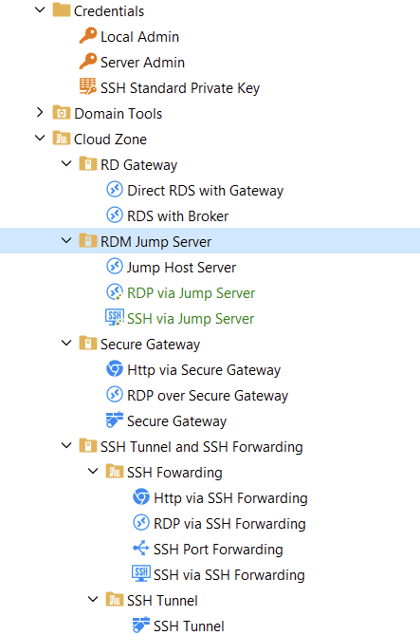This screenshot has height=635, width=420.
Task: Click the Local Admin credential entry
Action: (x=139, y=37)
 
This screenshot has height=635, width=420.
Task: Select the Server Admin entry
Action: (x=142, y=63)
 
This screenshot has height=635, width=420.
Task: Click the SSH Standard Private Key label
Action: (x=180, y=88)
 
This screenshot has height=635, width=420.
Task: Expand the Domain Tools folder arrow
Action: (x=40, y=112)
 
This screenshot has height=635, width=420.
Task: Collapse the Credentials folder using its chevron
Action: (x=40, y=9)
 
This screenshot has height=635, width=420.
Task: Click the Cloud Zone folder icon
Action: (x=62, y=138)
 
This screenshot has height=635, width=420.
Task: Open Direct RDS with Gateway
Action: (x=205, y=191)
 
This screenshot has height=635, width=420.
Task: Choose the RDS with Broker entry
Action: (x=177, y=216)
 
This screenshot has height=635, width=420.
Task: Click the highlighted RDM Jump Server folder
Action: (x=155, y=242)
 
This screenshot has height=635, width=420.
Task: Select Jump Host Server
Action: (x=181, y=268)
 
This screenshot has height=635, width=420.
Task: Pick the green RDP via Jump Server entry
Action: (x=191, y=293)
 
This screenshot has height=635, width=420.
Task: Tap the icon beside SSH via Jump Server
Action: (x=115, y=317)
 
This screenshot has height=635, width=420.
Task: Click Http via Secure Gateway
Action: (x=204, y=370)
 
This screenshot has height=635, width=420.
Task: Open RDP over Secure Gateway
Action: (x=208, y=396)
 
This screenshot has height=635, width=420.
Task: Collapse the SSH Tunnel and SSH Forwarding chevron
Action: (x=66, y=445)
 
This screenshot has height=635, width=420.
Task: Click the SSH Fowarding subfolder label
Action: (x=174, y=473)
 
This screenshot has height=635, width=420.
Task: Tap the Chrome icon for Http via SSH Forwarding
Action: (x=141, y=497)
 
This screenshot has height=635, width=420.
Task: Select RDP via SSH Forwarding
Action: (x=229, y=524)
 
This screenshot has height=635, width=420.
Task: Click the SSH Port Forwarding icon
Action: (x=141, y=549)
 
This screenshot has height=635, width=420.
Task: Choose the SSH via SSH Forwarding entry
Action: (x=229, y=575)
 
